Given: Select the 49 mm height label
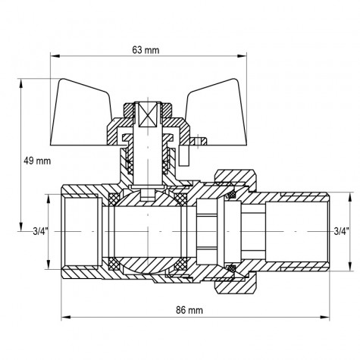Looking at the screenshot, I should (38, 161).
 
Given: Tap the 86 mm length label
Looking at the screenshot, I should (195, 311).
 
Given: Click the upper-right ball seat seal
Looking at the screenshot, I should (181, 199).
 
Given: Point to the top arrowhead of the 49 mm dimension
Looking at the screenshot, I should (22, 83).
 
